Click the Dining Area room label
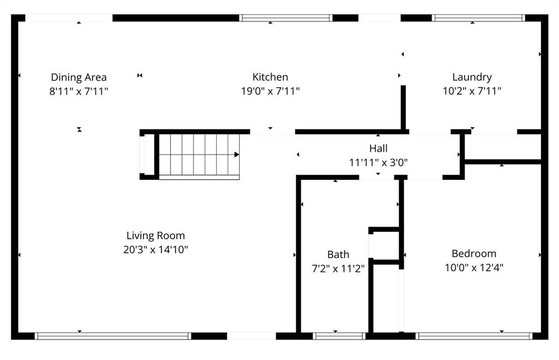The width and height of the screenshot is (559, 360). pyautogui.click(x=79, y=77)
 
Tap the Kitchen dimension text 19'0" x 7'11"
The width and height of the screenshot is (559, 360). pyautogui.click(x=270, y=91)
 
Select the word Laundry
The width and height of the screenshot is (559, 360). pyautogui.click(x=472, y=77)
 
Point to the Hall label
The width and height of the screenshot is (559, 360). pyautogui.click(x=378, y=148)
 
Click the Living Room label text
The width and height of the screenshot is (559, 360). pyautogui.click(x=156, y=235)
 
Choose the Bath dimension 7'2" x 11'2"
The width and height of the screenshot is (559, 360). pyautogui.click(x=338, y=268)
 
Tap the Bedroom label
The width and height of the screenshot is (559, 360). pyautogui.click(x=474, y=253)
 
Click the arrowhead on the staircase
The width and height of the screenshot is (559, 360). pyautogui.click(x=237, y=155)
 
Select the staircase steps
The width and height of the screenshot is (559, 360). pyautogui.click(x=199, y=155)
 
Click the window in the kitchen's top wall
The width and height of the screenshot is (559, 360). pyautogui.click(x=286, y=18)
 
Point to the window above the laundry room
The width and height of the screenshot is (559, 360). pyautogui.click(x=478, y=18)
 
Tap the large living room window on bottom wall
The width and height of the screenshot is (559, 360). pyautogui.click(x=112, y=336)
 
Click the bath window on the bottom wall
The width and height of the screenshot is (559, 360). pyautogui.click(x=339, y=336)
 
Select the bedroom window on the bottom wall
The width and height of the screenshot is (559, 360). pyautogui.click(x=474, y=336)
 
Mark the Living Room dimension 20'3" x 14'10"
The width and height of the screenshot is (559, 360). pyautogui.click(x=156, y=250)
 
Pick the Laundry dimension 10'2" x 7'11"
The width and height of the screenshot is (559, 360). pyautogui.click(x=472, y=91)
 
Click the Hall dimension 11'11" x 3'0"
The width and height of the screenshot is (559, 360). pyautogui.click(x=378, y=162)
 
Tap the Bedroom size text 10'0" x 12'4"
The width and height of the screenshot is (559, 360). pyautogui.click(x=474, y=267)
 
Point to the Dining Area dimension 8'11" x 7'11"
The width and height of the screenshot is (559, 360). pyautogui.click(x=79, y=91)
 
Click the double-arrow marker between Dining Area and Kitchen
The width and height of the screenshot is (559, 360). pyautogui.click(x=140, y=75)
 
